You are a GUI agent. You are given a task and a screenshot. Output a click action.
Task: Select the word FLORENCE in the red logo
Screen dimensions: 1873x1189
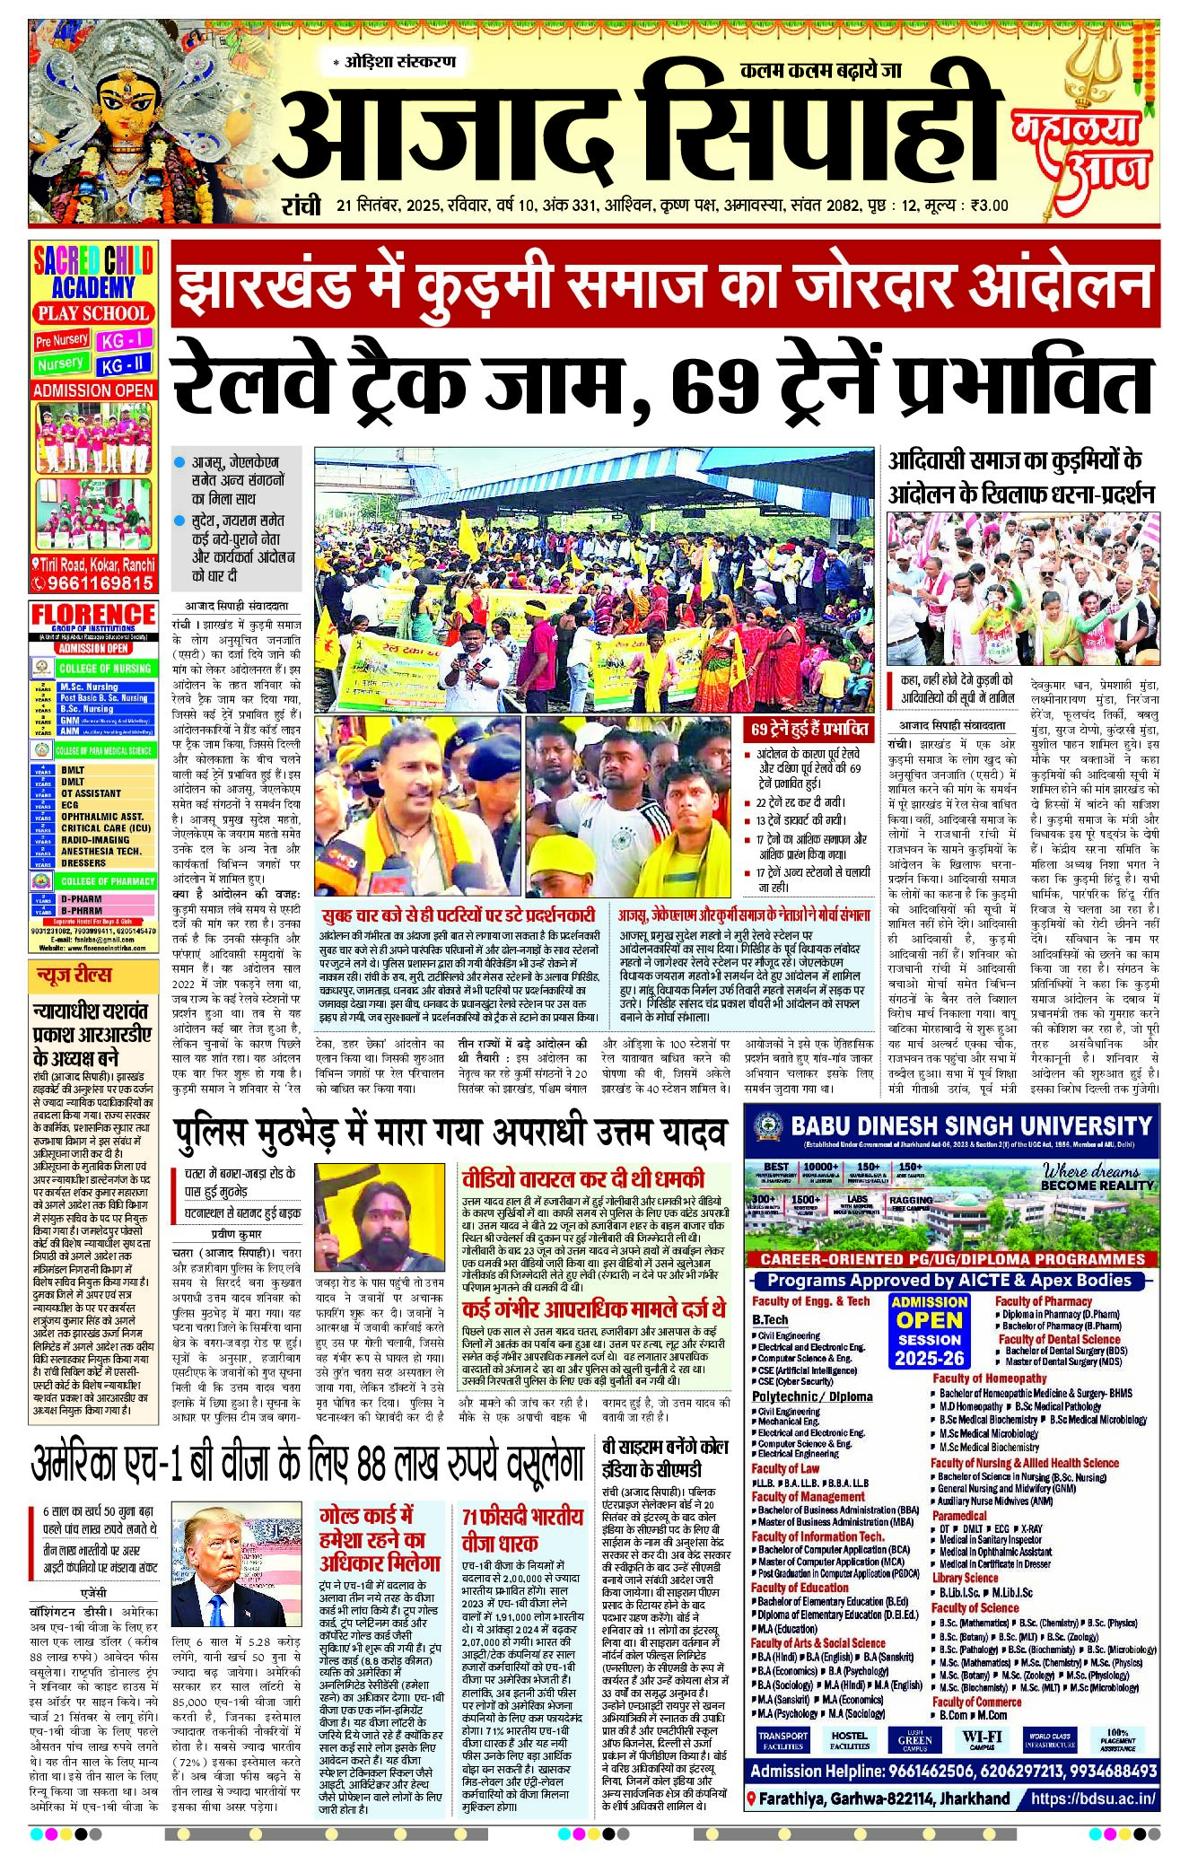click(93, 616)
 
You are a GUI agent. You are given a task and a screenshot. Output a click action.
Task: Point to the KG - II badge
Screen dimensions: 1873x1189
click(124, 365)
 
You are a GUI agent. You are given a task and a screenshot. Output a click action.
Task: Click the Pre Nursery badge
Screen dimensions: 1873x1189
click(61, 340)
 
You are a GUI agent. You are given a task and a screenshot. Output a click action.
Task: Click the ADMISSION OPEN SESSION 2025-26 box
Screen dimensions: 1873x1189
click(929, 1330)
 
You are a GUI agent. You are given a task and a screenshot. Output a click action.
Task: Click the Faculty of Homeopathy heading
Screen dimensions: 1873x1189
click(989, 1378)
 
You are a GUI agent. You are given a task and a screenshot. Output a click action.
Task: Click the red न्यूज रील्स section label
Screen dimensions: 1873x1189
click(74, 976)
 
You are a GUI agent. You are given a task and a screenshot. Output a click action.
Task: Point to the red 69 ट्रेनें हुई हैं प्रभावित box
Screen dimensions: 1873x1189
click(809, 729)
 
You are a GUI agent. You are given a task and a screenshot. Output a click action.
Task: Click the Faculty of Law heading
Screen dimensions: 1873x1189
click(785, 1468)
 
